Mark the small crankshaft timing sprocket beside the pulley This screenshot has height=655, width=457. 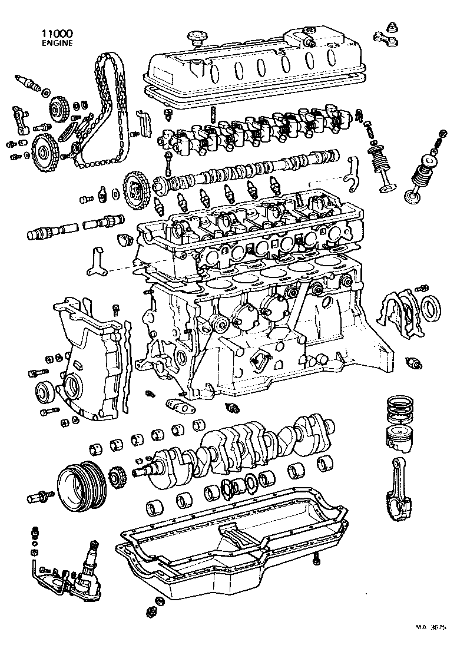click(115, 477)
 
